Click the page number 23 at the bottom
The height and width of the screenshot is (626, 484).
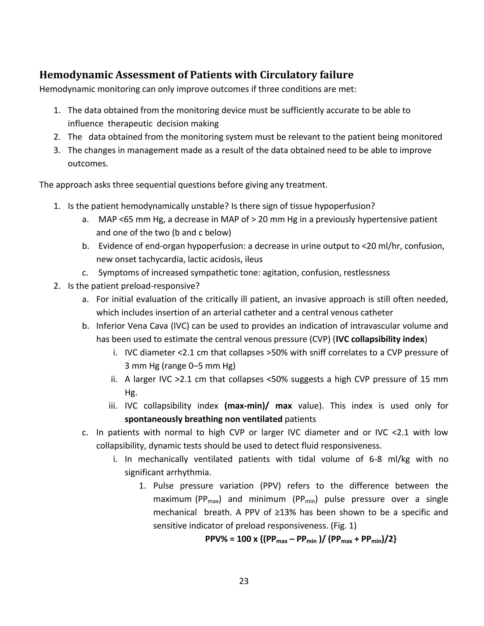pos(243,581)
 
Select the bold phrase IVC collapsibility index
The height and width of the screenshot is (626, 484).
pos(380,339)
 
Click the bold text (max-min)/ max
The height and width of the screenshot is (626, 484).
pos(258,406)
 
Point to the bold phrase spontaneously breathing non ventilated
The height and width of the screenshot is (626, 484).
pos(203,419)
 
